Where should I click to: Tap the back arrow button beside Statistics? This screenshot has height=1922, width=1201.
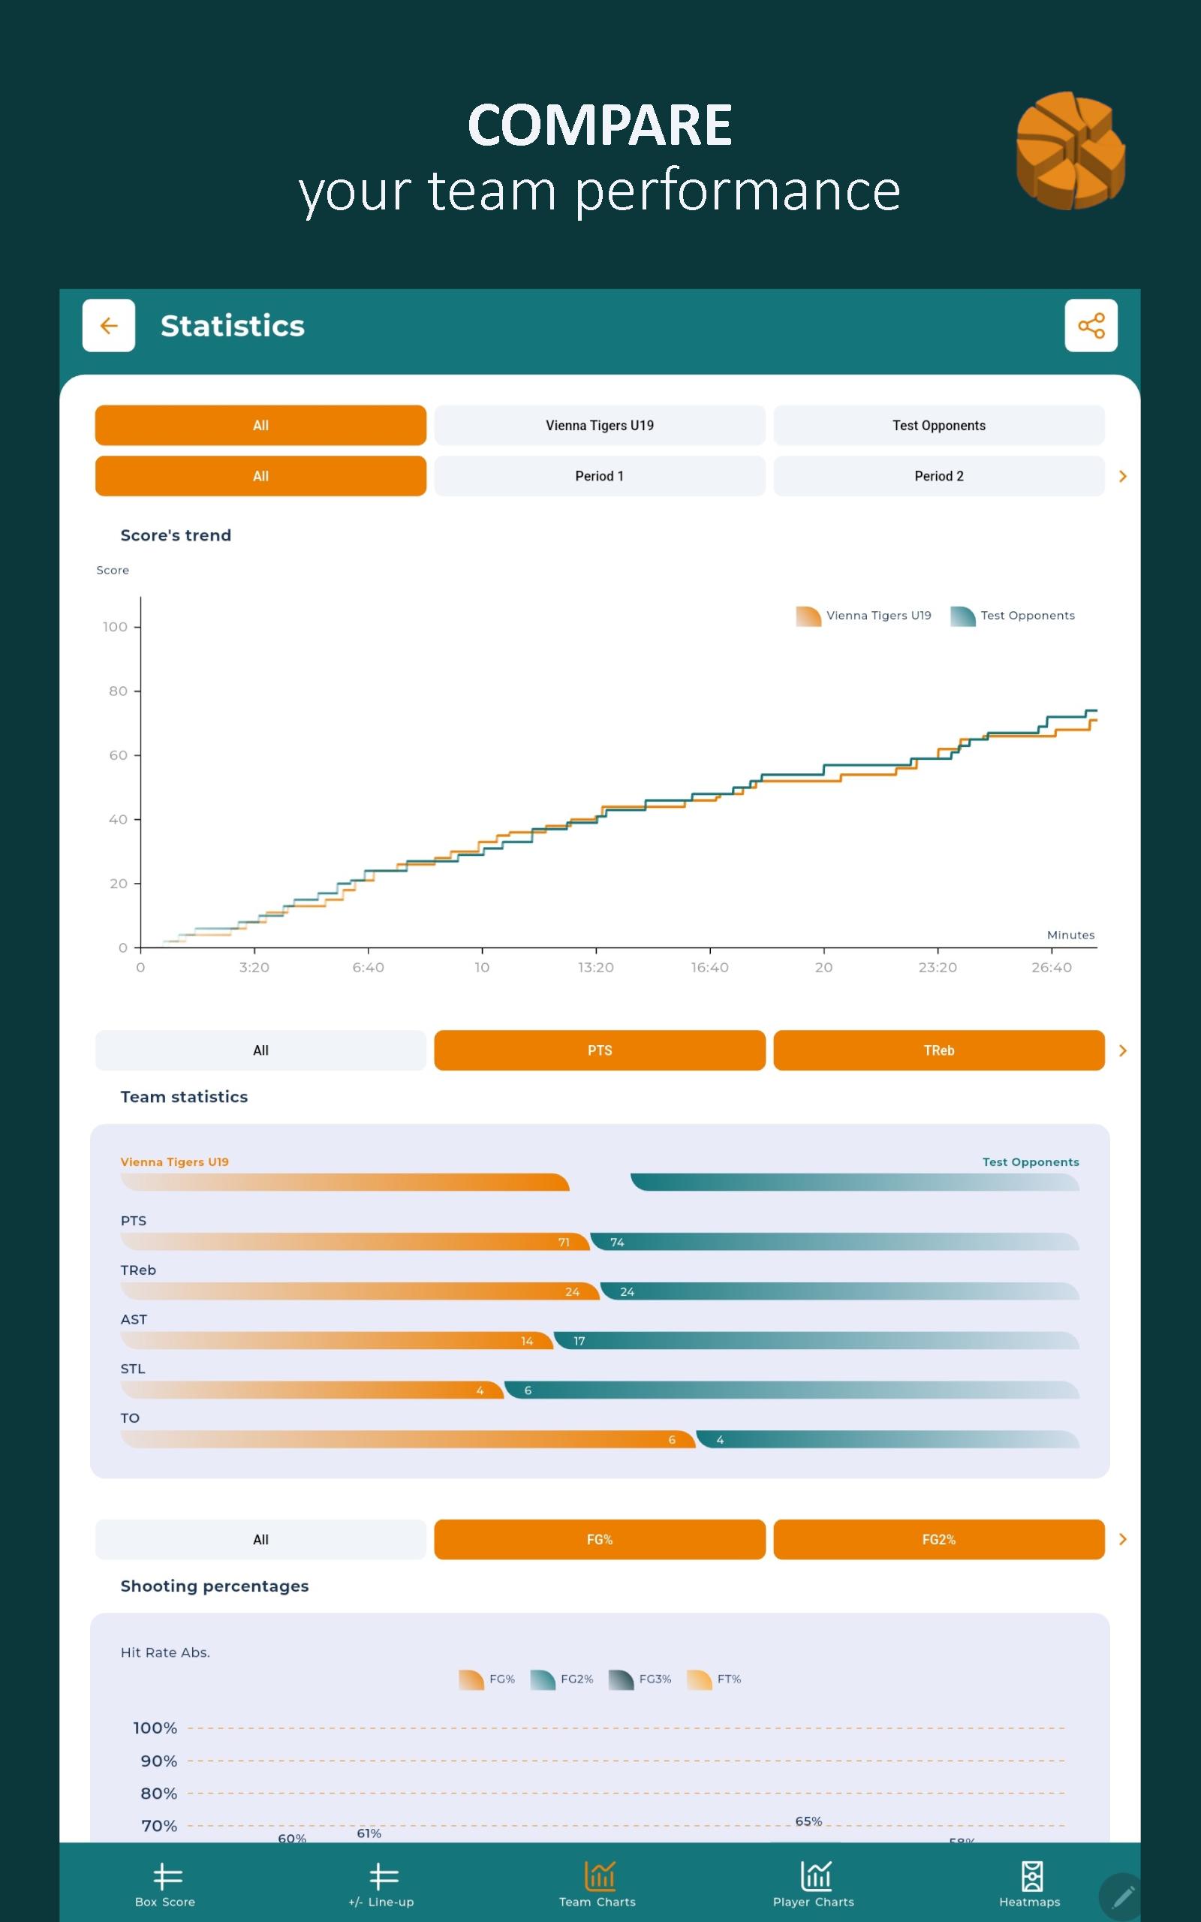[109, 325]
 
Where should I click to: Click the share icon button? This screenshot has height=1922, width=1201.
[1091, 325]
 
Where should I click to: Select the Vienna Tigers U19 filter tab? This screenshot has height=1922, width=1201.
[599, 426]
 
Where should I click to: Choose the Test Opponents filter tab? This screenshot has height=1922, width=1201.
[938, 426]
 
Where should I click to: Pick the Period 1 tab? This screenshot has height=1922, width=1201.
[599, 477]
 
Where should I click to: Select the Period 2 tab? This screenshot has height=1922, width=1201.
[938, 477]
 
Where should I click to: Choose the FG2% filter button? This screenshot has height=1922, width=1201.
[938, 1539]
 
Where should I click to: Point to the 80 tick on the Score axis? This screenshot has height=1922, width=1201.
[119, 691]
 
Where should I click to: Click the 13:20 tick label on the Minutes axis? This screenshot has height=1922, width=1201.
[596, 967]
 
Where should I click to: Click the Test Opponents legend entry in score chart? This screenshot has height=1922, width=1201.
[1013, 616]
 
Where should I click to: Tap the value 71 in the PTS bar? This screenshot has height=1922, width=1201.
[564, 1242]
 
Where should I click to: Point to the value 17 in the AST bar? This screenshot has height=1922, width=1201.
[579, 1341]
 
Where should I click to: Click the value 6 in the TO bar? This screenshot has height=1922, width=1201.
[672, 1439]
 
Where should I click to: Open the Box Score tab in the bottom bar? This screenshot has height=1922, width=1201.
[165, 1884]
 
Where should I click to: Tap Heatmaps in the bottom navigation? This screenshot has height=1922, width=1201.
[1029, 1884]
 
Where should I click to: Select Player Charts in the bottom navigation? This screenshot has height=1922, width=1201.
[814, 1884]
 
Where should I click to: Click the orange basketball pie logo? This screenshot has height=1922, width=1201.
[1070, 150]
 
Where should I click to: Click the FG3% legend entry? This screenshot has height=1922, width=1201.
[640, 1679]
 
